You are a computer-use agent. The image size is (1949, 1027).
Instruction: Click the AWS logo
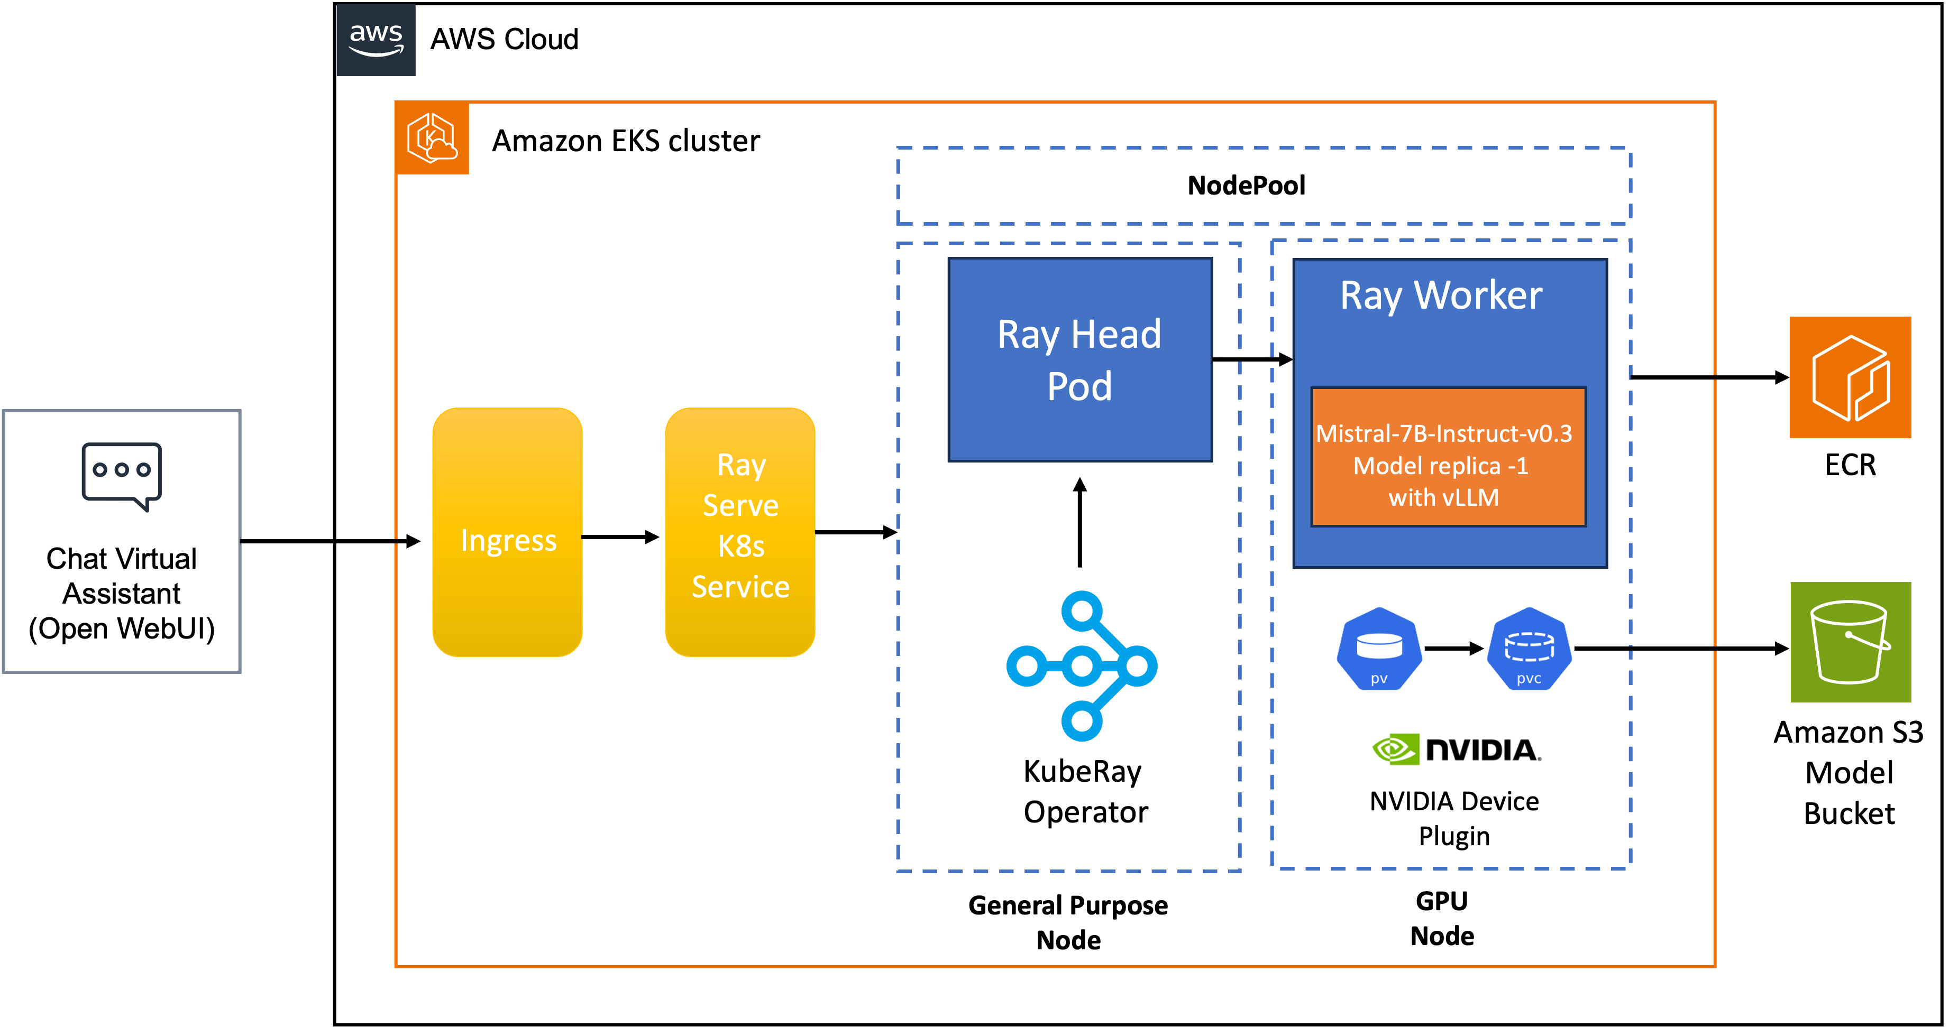click(376, 40)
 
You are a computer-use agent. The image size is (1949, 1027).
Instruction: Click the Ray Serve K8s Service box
click(740, 532)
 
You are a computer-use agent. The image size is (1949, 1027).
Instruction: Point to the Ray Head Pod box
click(1079, 360)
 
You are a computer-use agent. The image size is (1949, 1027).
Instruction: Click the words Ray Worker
click(1441, 295)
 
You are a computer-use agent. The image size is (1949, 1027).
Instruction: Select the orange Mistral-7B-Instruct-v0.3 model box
click(1448, 457)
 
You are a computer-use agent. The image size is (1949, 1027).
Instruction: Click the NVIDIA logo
click(1455, 743)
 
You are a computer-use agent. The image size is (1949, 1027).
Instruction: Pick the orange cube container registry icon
click(1850, 377)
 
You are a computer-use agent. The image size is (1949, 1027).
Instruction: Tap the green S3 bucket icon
click(1850, 642)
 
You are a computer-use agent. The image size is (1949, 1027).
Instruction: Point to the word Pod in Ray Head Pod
click(1079, 386)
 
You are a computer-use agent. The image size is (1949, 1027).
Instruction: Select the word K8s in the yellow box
click(740, 546)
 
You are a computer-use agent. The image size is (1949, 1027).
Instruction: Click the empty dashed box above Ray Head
click(1263, 186)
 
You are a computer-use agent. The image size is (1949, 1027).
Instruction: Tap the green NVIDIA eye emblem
click(1394, 750)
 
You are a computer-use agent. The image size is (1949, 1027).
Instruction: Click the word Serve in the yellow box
click(740, 505)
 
